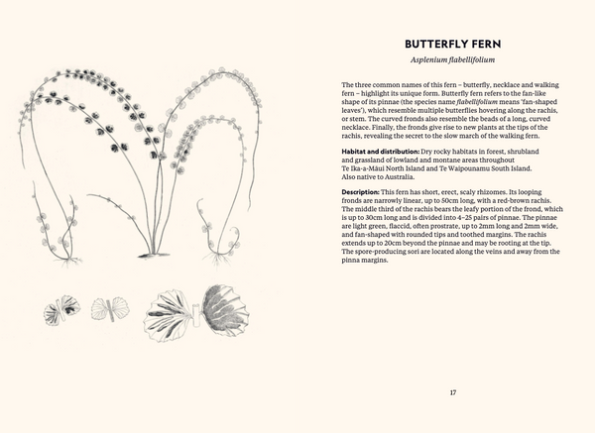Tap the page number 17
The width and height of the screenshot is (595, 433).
pos(453,393)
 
